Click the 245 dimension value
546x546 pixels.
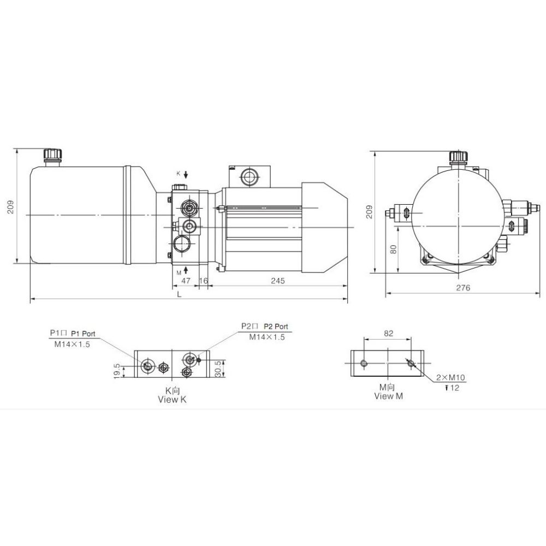click(278, 281)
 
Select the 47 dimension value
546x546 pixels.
click(186, 281)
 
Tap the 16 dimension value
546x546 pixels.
click(203, 281)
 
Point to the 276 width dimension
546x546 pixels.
click(463, 288)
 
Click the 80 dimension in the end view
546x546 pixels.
click(394, 249)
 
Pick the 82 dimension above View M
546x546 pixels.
click(389, 333)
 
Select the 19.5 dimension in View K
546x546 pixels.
click(117, 371)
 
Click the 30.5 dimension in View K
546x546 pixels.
click(218, 369)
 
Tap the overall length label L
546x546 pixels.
click(179, 294)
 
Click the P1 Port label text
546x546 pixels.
click(83, 334)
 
